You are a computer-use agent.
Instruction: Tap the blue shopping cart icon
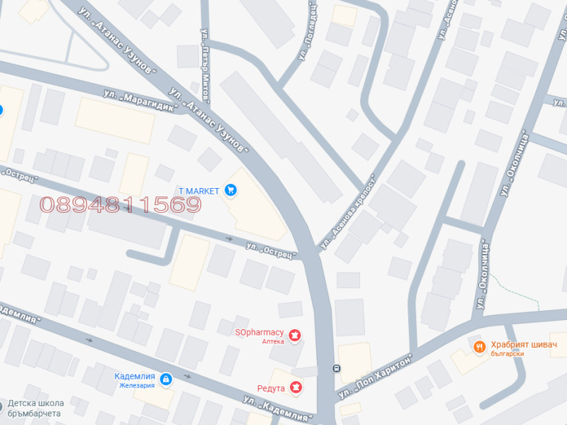(230, 189)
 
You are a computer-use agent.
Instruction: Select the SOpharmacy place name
(260, 332)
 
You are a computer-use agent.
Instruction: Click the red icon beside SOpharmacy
(295, 333)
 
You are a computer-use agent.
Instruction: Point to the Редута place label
(271, 388)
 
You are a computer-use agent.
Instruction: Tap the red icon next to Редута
(296, 387)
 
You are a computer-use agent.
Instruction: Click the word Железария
(135, 386)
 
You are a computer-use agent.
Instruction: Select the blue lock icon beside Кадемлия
(165, 380)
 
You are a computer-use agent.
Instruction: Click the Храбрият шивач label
(524, 345)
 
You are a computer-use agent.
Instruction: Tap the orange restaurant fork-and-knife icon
(479, 346)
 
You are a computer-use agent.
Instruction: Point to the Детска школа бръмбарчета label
(36, 408)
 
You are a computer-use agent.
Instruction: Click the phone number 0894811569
(121, 206)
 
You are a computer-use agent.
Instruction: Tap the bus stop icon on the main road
(337, 368)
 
